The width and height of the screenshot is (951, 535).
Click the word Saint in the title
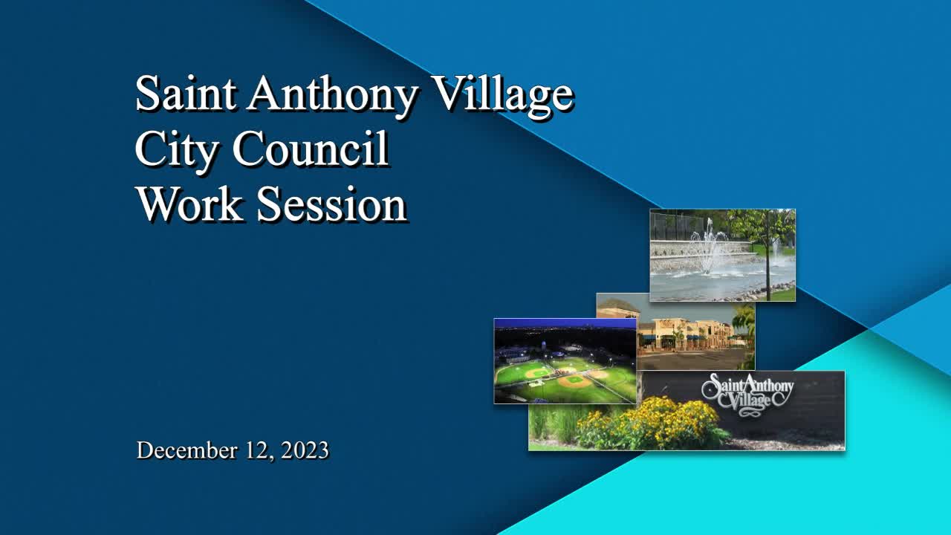[x=186, y=94]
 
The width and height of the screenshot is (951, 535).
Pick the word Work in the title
[x=189, y=204]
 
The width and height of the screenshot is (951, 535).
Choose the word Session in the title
[x=331, y=204]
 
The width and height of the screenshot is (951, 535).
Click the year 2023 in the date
[x=301, y=450]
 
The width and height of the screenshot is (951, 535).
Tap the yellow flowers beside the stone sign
[x=654, y=424]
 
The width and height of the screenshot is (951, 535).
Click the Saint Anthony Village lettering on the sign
[x=747, y=392]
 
